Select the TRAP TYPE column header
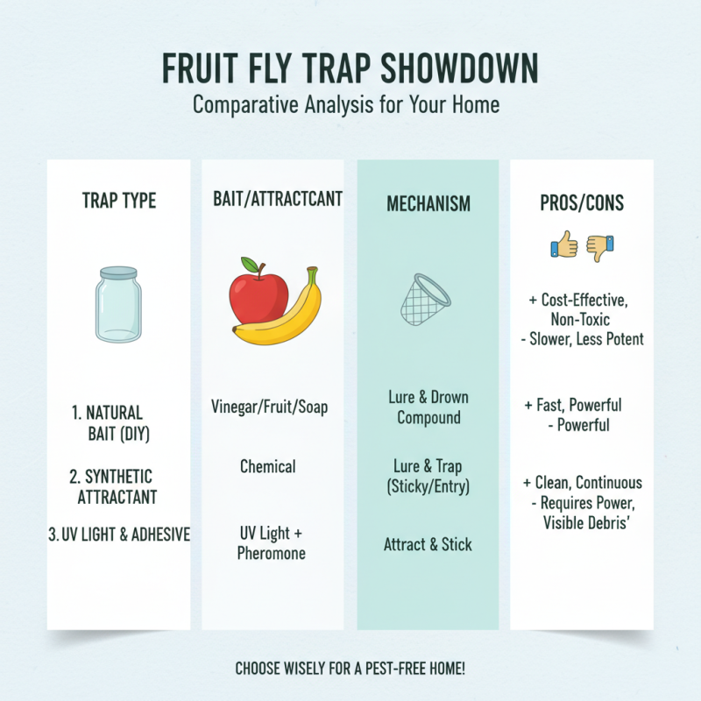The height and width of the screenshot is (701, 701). coord(118,201)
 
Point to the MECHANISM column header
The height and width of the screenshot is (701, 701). coord(428,203)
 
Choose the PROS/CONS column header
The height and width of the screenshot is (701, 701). coord(582,203)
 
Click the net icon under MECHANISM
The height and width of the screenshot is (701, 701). coord(426,298)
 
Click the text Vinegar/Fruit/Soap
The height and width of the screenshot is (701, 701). coord(270,407)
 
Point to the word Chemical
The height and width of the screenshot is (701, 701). coord(268,466)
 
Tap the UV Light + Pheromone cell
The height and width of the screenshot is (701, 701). coord(271,543)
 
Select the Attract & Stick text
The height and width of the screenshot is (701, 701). coord(428,544)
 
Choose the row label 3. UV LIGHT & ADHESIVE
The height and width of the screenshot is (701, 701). coord(118,534)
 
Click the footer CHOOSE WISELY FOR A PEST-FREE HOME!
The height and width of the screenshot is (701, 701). coord(350,669)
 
